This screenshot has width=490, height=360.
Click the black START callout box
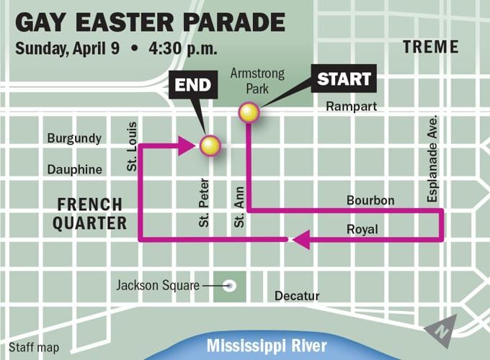pyautogui.click(x=344, y=78)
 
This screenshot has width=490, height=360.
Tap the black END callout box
pyautogui.click(x=192, y=86)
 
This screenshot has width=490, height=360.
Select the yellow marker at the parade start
pyautogui.click(x=249, y=112)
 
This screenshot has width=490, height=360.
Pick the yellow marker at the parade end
pyautogui.click(x=210, y=146)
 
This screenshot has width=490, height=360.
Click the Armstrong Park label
pyautogui.click(x=257, y=80)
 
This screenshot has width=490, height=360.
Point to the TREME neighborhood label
pyautogui.click(x=431, y=48)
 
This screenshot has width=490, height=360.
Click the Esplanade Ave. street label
pyautogui.click(x=432, y=158)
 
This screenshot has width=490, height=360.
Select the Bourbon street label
pyautogui.click(x=370, y=200)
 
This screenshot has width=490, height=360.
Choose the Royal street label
pyautogui.click(x=362, y=229)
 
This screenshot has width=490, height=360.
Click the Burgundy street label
pyautogui.click(x=74, y=138)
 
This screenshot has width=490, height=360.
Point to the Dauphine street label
pyautogui.click(x=75, y=169)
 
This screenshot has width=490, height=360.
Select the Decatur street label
pyautogui.click(x=296, y=296)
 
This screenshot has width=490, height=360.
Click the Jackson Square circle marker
pyautogui.click(x=230, y=286)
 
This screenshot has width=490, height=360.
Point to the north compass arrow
pyautogui.click(x=440, y=330)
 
